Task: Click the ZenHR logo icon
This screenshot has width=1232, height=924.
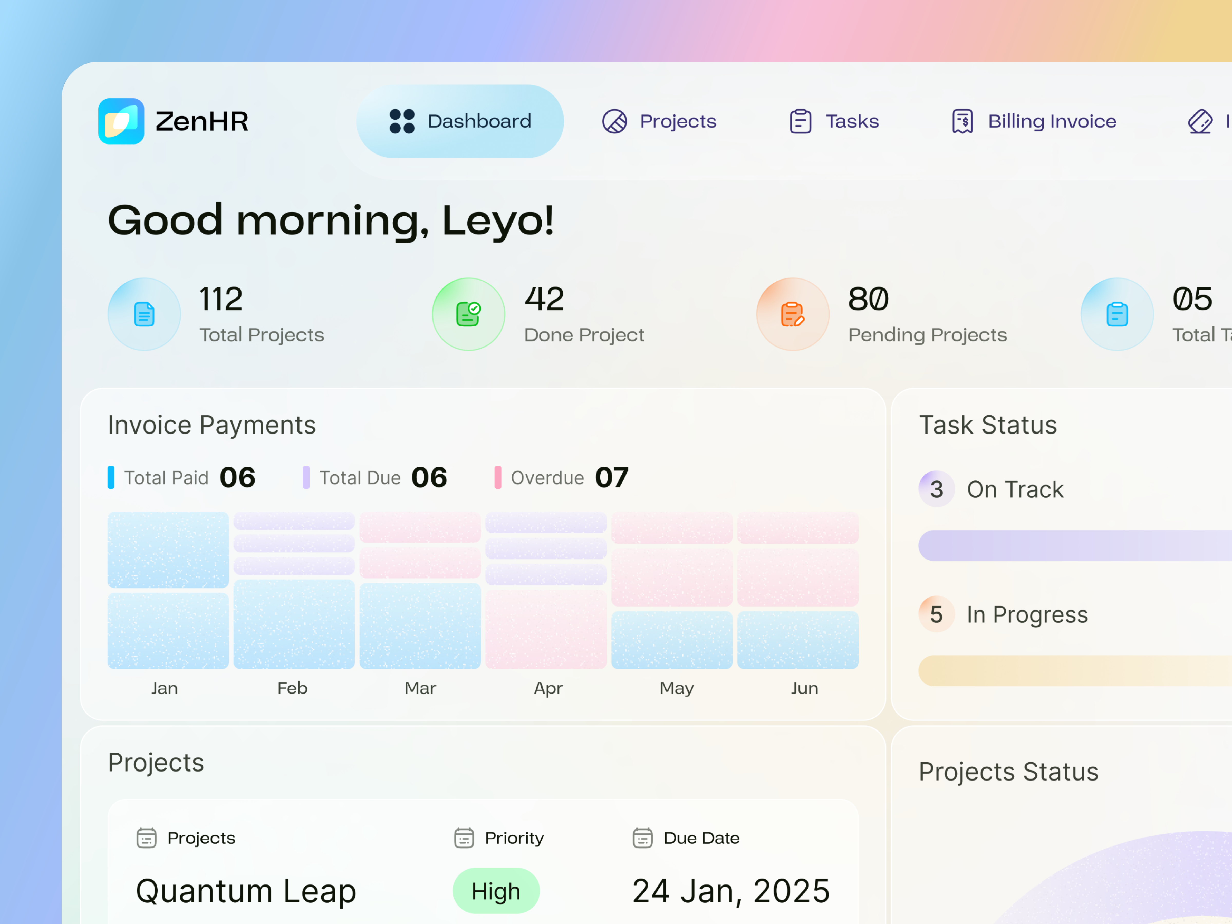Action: tap(121, 121)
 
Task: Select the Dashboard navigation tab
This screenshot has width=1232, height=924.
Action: tap(460, 121)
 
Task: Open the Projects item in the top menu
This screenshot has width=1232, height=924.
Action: tap(659, 121)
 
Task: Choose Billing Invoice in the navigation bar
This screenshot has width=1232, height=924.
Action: tap(1034, 121)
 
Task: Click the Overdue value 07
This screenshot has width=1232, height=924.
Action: tap(612, 478)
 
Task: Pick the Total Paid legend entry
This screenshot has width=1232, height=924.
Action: tap(166, 478)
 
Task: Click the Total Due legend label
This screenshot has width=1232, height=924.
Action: tap(360, 478)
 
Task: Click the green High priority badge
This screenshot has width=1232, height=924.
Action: tap(496, 891)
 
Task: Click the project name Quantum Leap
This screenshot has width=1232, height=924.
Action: tap(246, 891)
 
